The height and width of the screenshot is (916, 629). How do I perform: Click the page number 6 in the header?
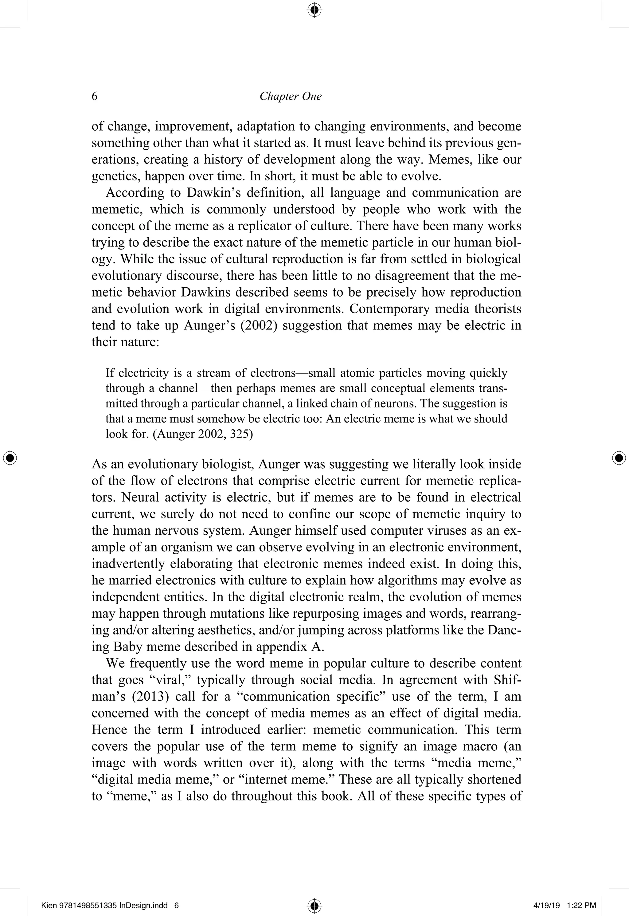pyautogui.click(x=95, y=96)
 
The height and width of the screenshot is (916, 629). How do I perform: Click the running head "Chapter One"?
pyautogui.click(x=291, y=96)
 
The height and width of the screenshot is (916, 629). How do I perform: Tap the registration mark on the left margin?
pyautogui.click(x=10, y=458)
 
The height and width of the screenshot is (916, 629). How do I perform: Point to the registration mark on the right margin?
pyautogui.click(x=619, y=458)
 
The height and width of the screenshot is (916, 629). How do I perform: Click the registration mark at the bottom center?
pyautogui.click(x=314, y=905)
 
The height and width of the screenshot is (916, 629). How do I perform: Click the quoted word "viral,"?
pyautogui.click(x=170, y=680)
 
